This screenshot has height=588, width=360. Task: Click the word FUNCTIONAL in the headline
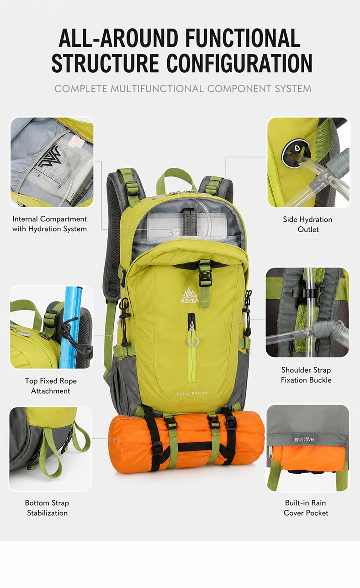click(243, 38)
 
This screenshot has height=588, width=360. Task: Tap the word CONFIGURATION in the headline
click(239, 63)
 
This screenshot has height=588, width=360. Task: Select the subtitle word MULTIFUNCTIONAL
click(157, 89)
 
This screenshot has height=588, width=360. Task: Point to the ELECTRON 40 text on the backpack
click(192, 393)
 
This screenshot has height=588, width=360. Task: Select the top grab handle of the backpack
click(176, 179)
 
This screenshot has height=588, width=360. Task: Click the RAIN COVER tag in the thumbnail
click(304, 439)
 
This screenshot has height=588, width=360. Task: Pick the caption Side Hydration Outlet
click(308, 225)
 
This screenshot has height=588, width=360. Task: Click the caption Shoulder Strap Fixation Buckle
click(306, 375)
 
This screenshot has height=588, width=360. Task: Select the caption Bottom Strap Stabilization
click(47, 508)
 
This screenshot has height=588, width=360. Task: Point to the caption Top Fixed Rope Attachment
click(51, 385)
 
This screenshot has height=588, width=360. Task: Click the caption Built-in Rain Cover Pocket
click(306, 508)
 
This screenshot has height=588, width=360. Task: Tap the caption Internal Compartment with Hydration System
click(49, 224)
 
